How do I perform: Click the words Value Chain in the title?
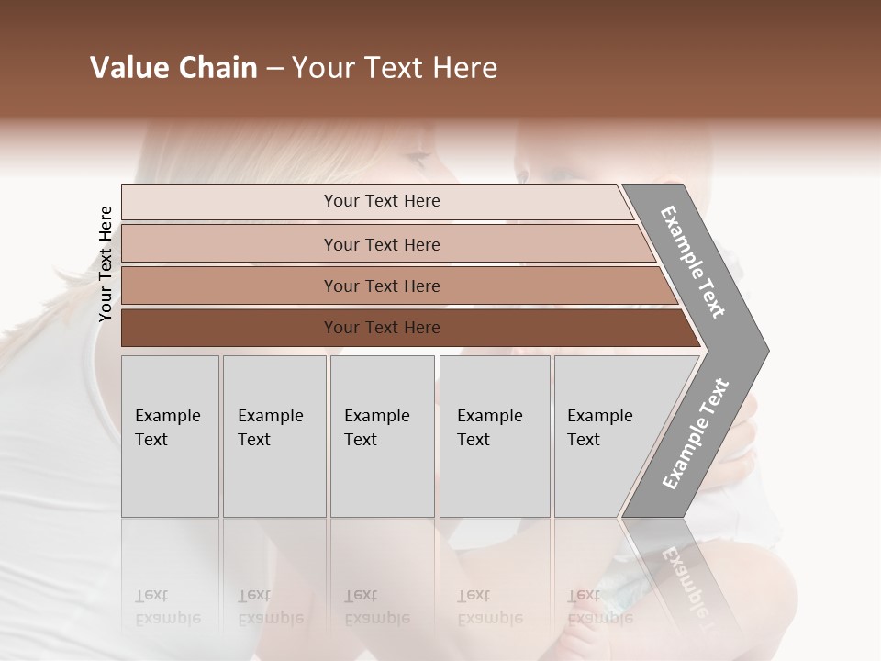point(173,68)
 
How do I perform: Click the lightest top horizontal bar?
point(229,202)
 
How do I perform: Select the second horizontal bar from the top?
point(229,244)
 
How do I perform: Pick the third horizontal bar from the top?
point(229,286)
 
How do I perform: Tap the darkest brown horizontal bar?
point(229,328)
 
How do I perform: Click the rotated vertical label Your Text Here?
point(106,263)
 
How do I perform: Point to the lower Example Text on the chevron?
point(696,433)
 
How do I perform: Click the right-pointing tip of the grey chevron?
point(764,350)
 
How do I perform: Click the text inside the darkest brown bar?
point(382,328)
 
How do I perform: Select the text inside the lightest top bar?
point(382,201)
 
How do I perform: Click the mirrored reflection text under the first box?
point(168,607)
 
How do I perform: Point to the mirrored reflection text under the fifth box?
point(600,607)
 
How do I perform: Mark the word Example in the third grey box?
point(376,416)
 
